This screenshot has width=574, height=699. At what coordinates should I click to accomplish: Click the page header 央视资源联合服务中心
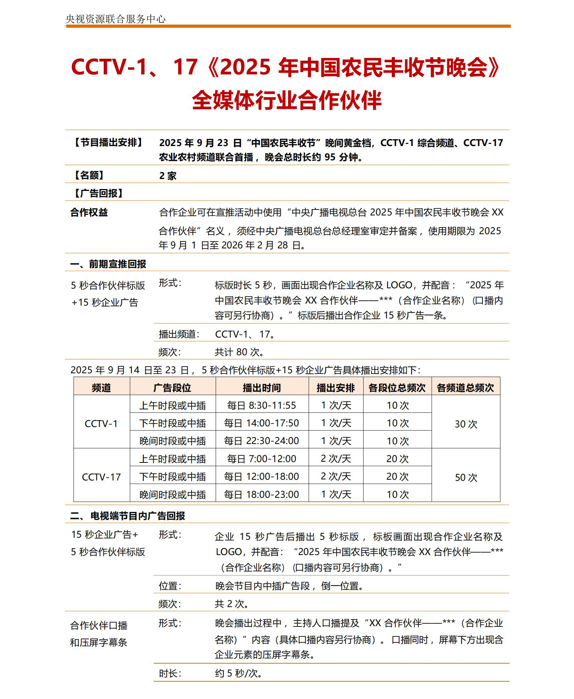pos(115,19)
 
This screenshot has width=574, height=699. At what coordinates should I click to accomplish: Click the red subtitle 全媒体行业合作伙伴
pos(287,100)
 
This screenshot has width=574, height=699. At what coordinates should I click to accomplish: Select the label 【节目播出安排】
pos(108,143)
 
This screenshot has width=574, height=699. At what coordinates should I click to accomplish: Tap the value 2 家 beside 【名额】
pos(168,176)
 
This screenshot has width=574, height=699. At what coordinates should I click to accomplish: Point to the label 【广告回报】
pos(99,193)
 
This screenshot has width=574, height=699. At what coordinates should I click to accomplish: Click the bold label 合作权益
pos(89,212)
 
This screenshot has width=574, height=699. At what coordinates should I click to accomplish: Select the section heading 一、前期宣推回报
pos(108,264)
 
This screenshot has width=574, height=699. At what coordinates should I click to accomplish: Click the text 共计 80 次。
pos(239,352)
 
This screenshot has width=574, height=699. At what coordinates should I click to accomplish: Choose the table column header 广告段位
pos(172,387)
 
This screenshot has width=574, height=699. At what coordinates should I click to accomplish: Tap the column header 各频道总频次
pos(465,387)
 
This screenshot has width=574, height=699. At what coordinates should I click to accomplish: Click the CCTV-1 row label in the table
pos(101,424)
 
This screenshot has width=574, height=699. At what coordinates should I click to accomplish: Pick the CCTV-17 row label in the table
pos(101,477)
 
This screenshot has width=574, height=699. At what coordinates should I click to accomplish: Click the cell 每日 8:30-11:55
pos(261,405)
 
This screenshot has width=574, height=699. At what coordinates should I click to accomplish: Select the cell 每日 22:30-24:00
pos(261,441)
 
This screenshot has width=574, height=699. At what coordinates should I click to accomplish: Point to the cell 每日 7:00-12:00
pos(261,459)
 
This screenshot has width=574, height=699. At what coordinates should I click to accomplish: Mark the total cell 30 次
pos(466,424)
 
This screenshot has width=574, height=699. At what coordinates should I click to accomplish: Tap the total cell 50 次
pos(466,477)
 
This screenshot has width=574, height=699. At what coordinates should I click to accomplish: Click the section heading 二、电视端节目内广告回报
pos(127,516)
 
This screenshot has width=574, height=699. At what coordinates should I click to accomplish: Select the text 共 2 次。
pos(232,604)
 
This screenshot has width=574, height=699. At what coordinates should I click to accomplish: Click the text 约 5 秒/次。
pos(239,673)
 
